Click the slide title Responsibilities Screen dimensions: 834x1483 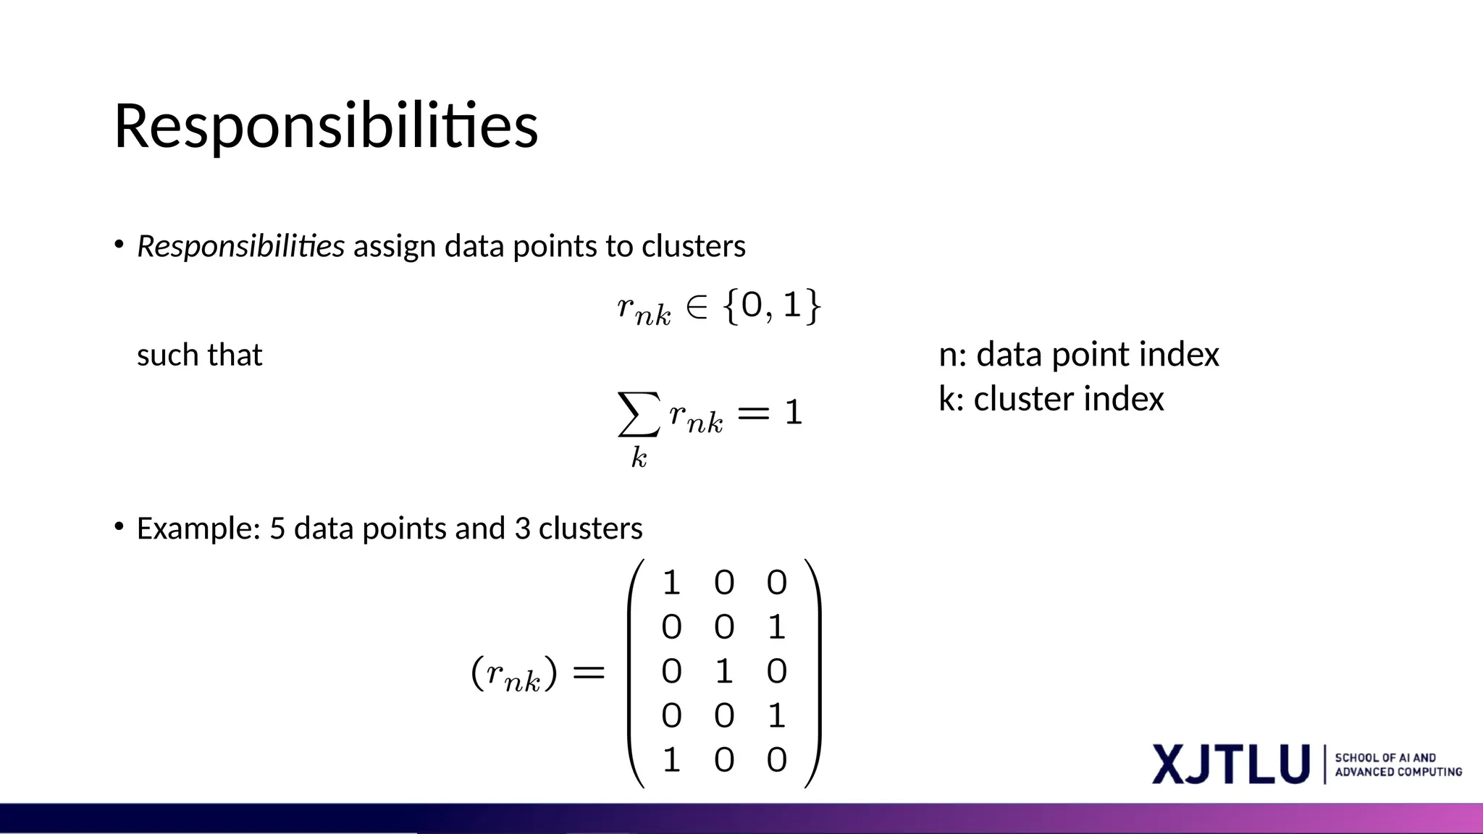(326, 126)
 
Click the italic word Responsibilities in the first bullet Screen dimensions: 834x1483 (240, 246)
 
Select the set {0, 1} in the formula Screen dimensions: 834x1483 (772, 306)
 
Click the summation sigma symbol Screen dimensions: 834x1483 (639, 414)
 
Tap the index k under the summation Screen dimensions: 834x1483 (639, 458)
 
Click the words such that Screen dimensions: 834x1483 (199, 355)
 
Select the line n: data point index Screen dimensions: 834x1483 (1078, 355)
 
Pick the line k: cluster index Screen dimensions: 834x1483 (1051, 399)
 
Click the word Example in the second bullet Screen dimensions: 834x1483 (198, 528)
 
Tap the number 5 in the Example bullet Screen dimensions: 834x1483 (277, 528)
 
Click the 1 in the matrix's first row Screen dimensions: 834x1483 (671, 583)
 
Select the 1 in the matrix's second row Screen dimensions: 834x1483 (776, 627)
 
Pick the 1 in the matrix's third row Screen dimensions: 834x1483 (724, 671)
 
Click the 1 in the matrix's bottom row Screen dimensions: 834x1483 (671, 760)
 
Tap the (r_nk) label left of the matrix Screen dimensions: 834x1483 (514, 673)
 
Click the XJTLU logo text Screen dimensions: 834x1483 (1231, 764)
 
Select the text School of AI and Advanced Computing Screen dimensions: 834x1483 (1398, 764)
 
